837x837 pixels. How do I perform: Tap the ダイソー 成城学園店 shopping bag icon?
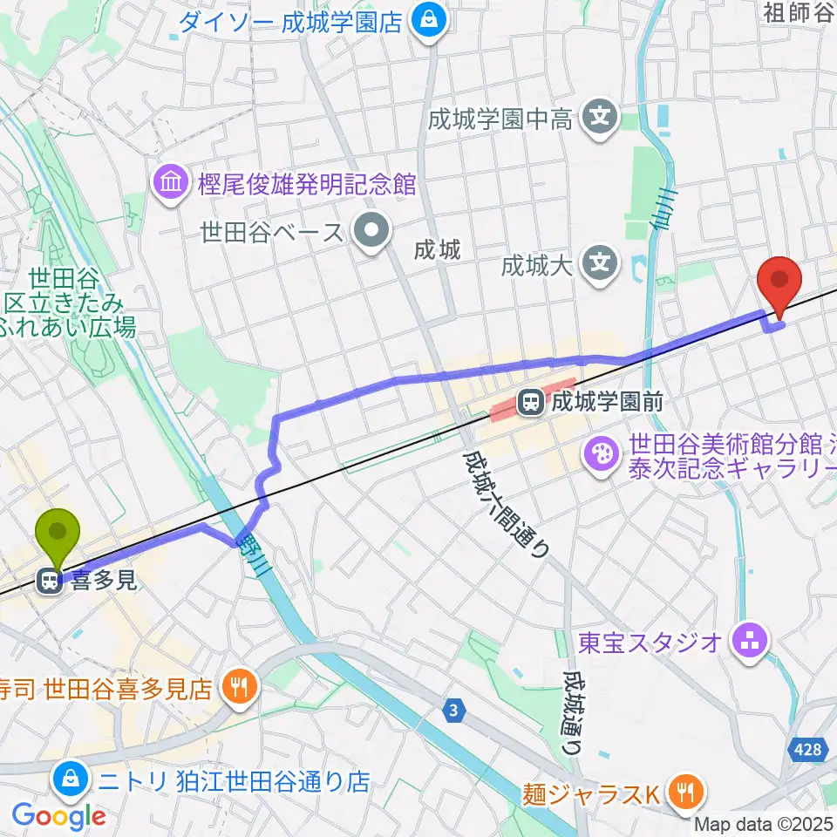point(428,19)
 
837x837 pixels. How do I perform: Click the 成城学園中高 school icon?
point(600,118)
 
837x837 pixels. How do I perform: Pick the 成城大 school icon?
point(600,263)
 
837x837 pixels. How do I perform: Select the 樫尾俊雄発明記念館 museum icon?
point(168,183)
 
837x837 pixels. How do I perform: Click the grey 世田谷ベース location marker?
point(373,232)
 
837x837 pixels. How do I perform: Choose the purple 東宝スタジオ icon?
point(749,643)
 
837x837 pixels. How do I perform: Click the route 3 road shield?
point(453,711)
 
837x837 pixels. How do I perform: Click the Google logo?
point(59,815)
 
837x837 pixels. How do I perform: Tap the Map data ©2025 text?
point(764,823)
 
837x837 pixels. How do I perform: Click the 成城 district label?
point(437,251)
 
